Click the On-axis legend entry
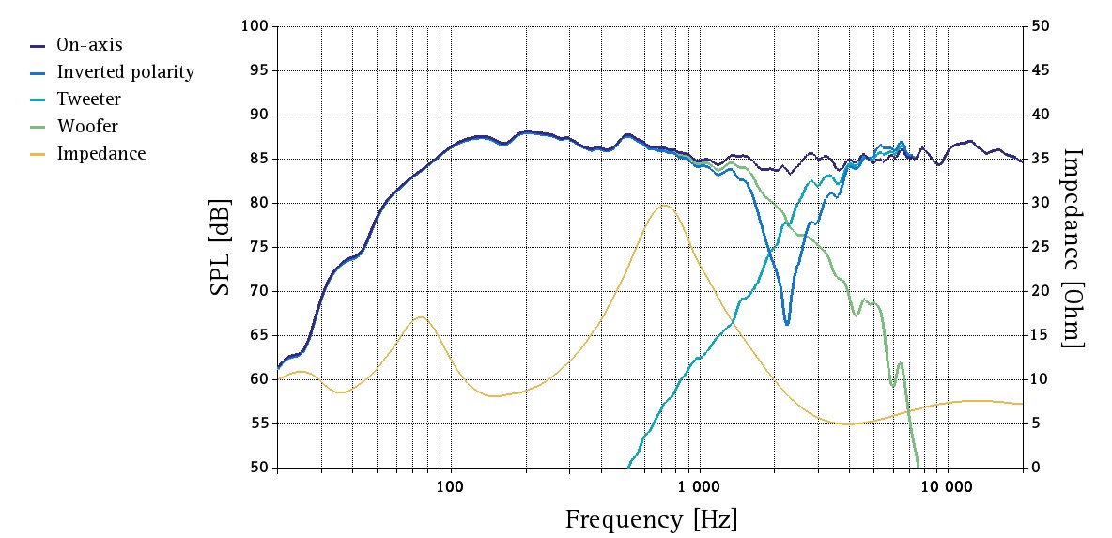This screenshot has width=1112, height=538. tap(89, 45)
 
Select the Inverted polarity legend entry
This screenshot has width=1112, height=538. tap(125, 72)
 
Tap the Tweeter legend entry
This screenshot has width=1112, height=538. tap(88, 99)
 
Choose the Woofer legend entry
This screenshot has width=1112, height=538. tap(87, 126)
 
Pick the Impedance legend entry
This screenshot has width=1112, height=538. tap(100, 153)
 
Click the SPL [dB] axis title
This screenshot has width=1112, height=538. tap(220, 247)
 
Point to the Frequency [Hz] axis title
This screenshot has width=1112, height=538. tap(651, 519)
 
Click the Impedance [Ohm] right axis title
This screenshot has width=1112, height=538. tap(1074, 247)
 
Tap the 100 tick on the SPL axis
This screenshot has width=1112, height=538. tap(255, 26)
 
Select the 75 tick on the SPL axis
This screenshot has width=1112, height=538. tap(258, 247)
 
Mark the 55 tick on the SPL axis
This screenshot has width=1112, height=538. tap(258, 423)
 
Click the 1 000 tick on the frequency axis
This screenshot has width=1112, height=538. tap(699, 485)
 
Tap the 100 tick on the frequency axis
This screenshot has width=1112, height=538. tap(451, 485)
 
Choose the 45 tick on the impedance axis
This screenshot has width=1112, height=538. tap(1040, 70)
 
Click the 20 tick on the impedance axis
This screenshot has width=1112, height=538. tap(1040, 291)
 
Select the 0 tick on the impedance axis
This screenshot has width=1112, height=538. tap(1035, 468)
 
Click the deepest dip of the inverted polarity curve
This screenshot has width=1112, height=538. tap(787, 324)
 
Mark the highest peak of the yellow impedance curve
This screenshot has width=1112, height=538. tap(664, 205)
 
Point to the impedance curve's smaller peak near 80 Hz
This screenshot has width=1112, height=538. tap(422, 317)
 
